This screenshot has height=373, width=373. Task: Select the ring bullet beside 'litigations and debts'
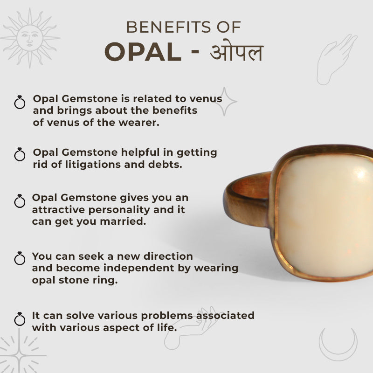20,154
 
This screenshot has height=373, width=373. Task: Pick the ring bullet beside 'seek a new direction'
20,258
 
